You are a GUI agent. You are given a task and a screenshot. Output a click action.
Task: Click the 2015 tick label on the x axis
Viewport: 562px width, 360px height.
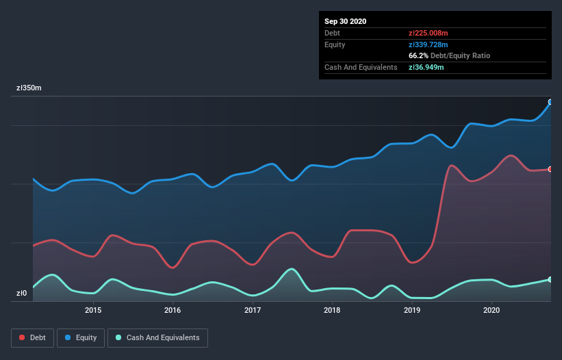[93, 310]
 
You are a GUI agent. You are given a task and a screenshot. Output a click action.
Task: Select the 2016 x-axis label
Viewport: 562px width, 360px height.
[173, 310]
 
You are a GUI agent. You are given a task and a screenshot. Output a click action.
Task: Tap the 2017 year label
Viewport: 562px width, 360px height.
[253, 310]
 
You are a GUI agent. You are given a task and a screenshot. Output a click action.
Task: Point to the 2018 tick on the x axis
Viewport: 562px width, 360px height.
[332, 310]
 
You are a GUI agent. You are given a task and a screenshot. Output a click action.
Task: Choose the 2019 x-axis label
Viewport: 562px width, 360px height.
[412, 310]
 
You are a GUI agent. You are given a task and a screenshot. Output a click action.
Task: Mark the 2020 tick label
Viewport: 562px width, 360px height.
[491, 310]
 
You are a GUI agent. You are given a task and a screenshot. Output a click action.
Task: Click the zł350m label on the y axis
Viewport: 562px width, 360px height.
[29, 88]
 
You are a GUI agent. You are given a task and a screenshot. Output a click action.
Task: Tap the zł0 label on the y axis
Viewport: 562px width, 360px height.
[22, 294]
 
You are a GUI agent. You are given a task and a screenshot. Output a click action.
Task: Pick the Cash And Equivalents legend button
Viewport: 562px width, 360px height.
[157, 337]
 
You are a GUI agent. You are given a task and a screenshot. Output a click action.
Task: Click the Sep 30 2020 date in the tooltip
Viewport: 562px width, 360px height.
[346, 21]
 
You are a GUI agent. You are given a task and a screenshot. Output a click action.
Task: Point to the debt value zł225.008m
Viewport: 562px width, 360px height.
[429, 33]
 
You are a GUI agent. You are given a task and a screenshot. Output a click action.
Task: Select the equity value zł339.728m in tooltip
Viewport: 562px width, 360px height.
[429, 44]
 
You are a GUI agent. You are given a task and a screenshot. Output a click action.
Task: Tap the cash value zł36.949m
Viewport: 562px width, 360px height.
[426, 67]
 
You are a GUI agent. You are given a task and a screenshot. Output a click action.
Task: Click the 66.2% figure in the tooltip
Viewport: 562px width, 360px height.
[418, 55]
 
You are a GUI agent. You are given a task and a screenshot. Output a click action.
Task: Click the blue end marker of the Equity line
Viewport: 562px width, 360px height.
[550, 102]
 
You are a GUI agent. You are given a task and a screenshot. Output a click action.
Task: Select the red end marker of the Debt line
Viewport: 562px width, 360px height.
[550, 169]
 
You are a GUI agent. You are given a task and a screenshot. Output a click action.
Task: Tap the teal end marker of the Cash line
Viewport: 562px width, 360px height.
[550, 279]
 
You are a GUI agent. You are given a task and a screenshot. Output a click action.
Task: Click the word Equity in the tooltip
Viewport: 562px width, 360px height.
[335, 44]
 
